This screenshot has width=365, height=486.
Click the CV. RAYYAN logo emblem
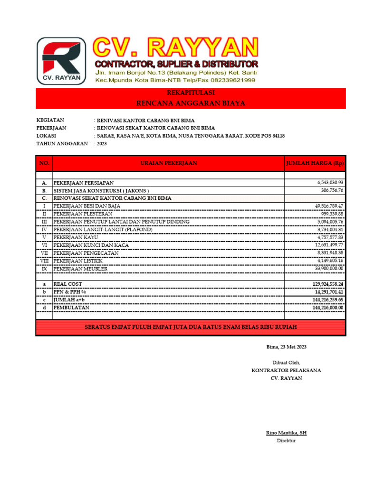61,60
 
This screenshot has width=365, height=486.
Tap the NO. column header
44,163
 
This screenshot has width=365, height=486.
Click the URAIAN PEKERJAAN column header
169,163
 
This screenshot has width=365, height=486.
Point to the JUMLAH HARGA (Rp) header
315,163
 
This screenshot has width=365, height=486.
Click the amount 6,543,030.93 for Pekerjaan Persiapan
330,182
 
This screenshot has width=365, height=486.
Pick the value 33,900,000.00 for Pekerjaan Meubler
328,268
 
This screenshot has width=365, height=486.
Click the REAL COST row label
68,284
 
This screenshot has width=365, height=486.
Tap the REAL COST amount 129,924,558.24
327,284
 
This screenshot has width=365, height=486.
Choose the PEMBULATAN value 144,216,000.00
327,308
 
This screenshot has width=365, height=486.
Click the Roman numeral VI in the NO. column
44,245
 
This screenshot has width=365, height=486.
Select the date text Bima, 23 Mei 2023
286,347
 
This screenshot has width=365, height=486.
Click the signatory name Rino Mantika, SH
286,433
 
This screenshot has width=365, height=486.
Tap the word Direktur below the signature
286,441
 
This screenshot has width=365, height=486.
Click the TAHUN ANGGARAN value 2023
102,143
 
